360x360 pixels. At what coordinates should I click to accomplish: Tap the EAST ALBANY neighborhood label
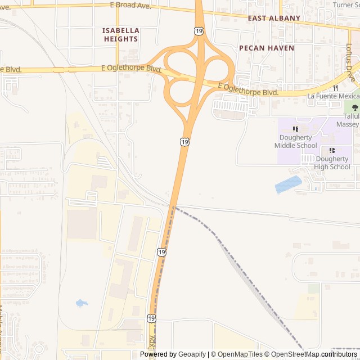[x=274, y=18]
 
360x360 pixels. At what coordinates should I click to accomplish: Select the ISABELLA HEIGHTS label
[x=121, y=34]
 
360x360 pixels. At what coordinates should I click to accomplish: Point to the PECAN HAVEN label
[x=267, y=48]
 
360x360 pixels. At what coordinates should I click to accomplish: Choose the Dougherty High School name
[x=332, y=163]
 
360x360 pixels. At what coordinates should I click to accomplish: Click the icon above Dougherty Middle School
[x=296, y=129]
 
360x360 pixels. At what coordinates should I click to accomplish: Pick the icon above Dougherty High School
[x=332, y=150]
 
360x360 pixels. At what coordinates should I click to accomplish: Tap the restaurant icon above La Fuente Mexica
[x=336, y=88]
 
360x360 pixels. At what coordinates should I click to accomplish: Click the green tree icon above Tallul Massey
[x=354, y=107]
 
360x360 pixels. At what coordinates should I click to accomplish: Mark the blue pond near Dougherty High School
[x=288, y=184]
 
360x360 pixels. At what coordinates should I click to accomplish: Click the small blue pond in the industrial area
[x=82, y=303]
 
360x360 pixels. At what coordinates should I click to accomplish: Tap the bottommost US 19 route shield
[x=152, y=319]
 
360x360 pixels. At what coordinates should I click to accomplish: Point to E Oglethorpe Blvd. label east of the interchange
[x=249, y=88]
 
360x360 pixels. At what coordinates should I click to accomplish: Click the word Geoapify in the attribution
[x=192, y=354]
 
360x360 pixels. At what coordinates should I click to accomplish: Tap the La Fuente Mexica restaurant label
[x=333, y=96]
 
